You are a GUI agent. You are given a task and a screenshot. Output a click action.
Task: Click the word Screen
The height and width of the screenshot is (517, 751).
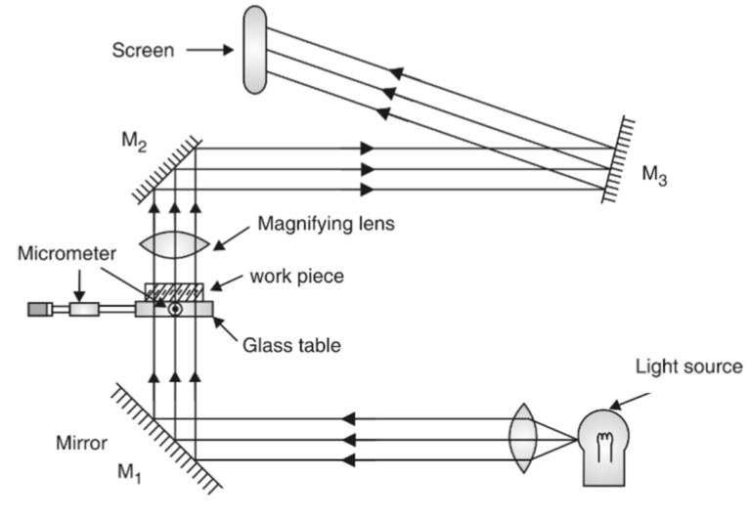pos(142,50)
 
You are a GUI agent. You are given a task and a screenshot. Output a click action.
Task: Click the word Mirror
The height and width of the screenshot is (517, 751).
pos(83,443)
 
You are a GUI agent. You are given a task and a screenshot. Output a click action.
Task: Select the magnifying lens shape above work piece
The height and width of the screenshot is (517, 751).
pos(175,243)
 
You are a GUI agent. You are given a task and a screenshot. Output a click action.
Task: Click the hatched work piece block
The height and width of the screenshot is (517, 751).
pos(175,291)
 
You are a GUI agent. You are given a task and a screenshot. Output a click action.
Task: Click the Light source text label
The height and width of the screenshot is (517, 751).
pos(688,366)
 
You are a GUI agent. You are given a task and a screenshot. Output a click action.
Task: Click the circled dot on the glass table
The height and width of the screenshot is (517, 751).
pos(175,310)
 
